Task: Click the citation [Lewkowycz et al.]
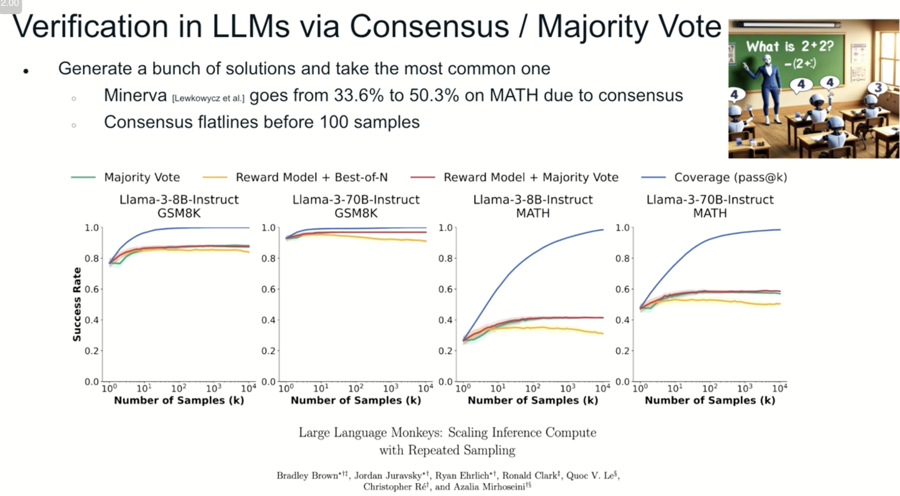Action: pos(208,98)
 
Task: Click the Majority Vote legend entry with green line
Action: pos(142,177)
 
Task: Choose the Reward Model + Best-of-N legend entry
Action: pos(311,177)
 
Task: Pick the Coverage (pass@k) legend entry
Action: pos(730,177)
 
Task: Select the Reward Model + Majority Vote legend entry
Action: pos(531,177)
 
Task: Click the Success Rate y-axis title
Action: pos(77,304)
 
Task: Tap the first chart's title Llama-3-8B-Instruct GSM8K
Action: pos(179,206)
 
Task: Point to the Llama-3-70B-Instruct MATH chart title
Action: pos(710,206)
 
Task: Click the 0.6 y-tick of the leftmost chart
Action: pos(92,289)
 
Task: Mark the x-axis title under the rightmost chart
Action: pos(710,400)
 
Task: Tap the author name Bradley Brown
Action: pos(307,475)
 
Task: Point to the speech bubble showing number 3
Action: pos(878,88)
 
